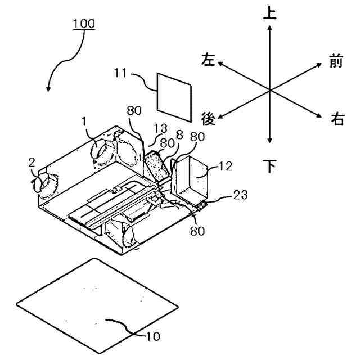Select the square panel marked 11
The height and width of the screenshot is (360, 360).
(174, 94)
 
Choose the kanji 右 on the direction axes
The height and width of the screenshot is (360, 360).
(337, 119)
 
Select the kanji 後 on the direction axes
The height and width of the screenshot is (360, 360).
(209, 119)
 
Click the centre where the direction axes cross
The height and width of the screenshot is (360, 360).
(271, 91)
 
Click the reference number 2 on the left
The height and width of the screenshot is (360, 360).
(33, 162)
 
